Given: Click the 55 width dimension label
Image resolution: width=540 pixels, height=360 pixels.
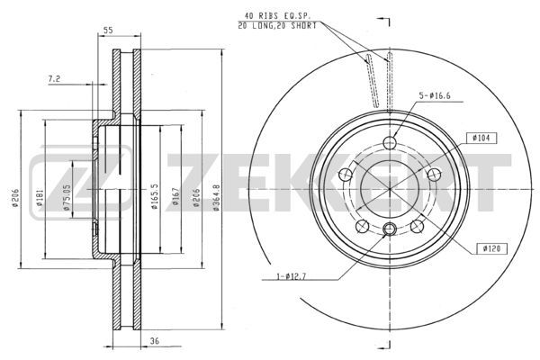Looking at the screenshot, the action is click(108, 30).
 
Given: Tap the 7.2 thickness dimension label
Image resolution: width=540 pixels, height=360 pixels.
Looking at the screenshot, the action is click(54, 79).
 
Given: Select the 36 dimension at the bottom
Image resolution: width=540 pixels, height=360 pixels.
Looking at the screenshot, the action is click(155, 341).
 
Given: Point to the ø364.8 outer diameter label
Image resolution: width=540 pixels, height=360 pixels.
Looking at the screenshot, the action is click(216, 197).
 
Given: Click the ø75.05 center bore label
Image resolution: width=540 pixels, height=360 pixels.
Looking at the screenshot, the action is click(67, 197).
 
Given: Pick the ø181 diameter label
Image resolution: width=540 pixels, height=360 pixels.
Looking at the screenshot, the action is click(40, 197).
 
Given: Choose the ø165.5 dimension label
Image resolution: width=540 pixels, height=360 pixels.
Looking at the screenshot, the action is click(154, 197).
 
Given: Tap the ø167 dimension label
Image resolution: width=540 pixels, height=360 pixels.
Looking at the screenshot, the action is click(175, 196).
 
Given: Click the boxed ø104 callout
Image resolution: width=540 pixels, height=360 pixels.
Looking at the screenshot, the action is click(481, 138).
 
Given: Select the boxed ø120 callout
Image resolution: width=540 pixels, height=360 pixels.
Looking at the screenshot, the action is click(491, 248).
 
